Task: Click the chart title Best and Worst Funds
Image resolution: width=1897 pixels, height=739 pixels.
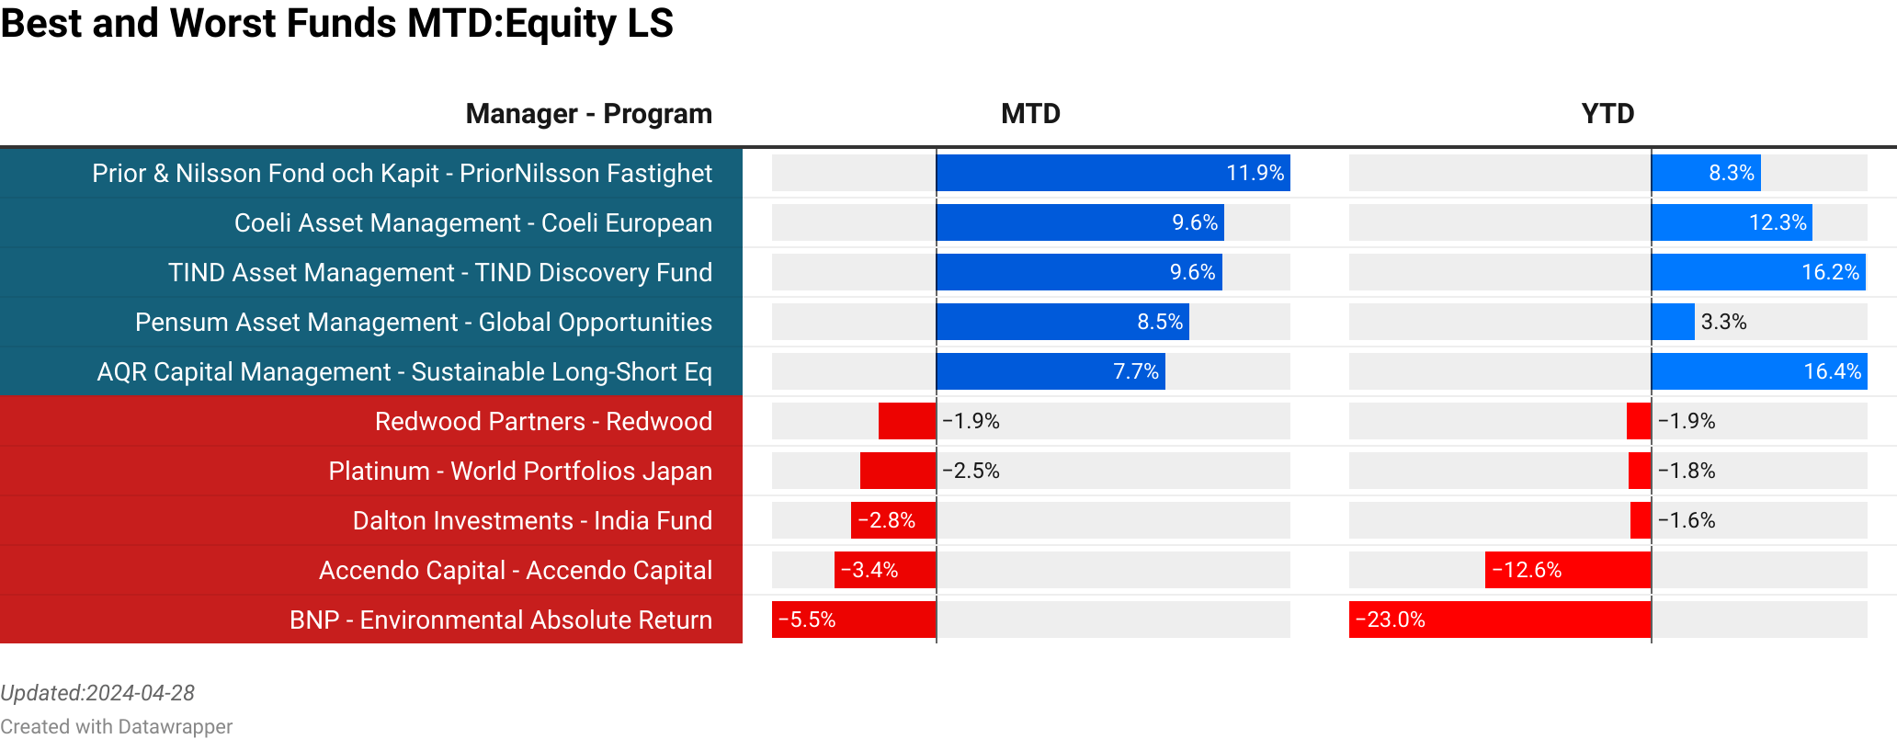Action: pos(336,24)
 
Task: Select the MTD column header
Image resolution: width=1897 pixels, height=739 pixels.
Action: pos(1030,114)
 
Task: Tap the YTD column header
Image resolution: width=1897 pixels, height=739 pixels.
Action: pos(1607,114)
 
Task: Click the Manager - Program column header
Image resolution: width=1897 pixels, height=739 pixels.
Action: pos(588,114)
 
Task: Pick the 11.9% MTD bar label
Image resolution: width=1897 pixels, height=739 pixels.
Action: pos(1255,173)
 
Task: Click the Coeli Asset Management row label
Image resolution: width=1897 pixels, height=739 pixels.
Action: pos(472,223)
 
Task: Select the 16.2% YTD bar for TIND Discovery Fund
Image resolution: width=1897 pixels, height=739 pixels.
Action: pos(1758,272)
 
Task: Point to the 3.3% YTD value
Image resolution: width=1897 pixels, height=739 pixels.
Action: pos(1723,322)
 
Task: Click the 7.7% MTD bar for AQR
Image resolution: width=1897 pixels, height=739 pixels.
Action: pos(1051,371)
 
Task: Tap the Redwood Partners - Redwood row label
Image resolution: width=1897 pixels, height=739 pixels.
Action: pos(543,422)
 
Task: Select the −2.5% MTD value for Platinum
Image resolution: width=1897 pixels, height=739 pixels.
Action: pos(971,471)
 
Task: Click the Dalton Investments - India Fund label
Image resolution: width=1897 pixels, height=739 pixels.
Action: pos(532,521)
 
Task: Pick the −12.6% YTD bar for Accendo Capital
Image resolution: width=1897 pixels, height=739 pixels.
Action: pos(1568,570)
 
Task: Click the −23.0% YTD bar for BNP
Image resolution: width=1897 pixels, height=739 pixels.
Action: pos(1500,620)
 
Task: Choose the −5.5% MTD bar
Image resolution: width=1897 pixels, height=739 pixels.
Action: pos(854,620)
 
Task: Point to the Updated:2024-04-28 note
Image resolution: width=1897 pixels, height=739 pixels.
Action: pos(97,693)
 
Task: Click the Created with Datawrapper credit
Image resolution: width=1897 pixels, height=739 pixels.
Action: pos(116,727)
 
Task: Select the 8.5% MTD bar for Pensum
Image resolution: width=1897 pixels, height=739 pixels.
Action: pos(1062,322)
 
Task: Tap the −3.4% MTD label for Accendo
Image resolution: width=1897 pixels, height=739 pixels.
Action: pos(869,570)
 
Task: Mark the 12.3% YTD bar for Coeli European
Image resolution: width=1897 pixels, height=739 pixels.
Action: pos(1732,222)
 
